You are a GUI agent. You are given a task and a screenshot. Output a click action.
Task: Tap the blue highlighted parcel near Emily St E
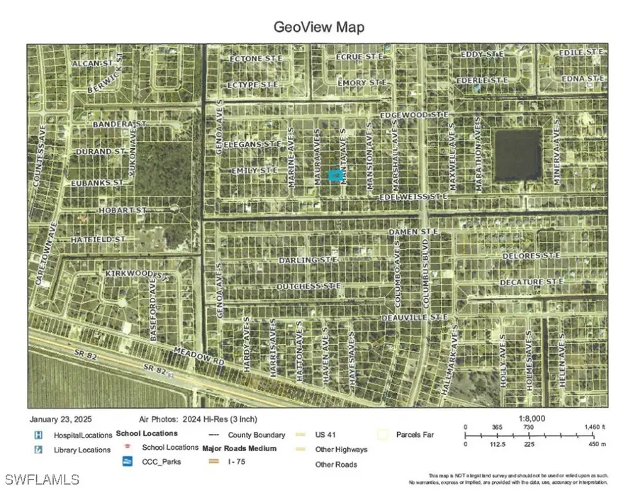pos(335,174)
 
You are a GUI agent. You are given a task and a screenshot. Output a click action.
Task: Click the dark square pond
pos(517,155)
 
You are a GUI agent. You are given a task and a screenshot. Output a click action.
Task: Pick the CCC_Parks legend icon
pos(128,462)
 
